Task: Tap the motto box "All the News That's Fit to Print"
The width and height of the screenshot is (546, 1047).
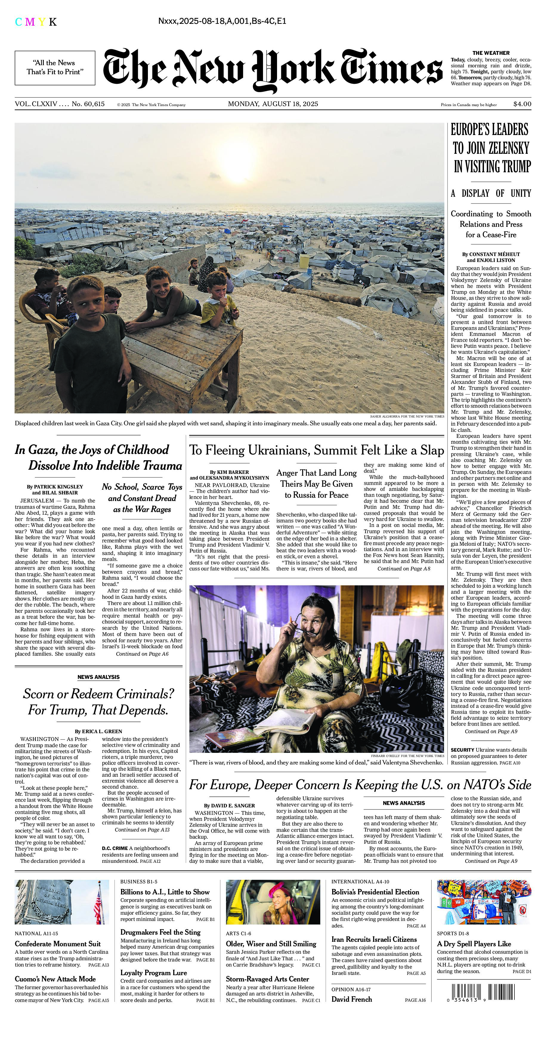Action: (55, 67)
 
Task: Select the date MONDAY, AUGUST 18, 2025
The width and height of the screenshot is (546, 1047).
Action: (273, 104)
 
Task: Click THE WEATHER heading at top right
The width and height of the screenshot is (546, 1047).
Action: (491, 53)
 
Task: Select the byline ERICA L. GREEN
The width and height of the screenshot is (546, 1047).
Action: (99, 731)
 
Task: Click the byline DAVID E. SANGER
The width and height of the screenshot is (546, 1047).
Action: (230, 805)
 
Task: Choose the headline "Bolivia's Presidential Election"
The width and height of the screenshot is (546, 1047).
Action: (375, 892)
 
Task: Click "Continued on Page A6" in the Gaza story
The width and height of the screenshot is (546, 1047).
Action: (142, 654)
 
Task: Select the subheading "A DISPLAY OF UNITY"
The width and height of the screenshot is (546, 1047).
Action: (491, 193)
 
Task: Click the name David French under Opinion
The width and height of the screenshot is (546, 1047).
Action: (351, 999)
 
